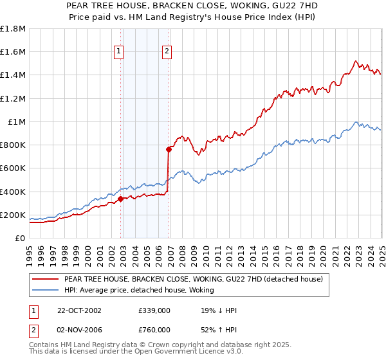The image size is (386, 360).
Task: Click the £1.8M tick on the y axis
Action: [x=13, y=29]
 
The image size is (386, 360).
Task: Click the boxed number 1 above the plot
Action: [x=120, y=53]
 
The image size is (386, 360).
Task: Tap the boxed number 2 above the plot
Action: [x=167, y=53]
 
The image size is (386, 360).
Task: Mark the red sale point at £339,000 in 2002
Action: [x=121, y=199]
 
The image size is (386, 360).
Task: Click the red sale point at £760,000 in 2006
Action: [x=169, y=150]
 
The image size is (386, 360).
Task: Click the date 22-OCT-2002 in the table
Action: [x=79, y=310]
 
